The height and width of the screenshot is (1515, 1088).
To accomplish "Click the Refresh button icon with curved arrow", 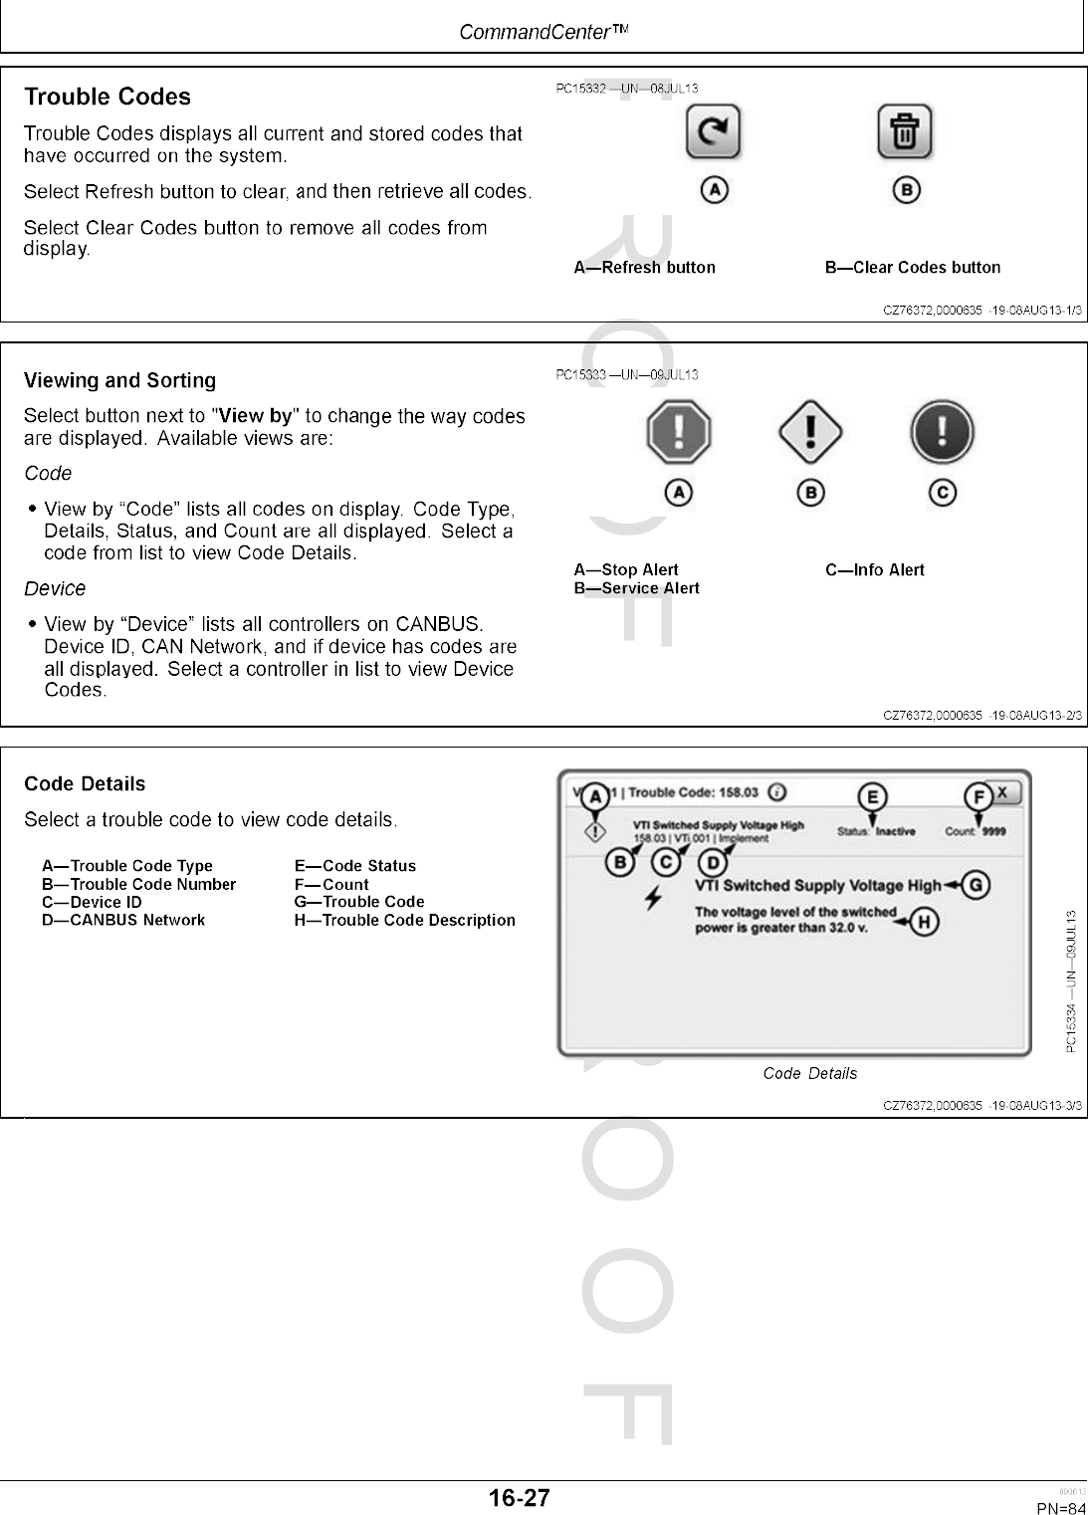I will coord(714,132).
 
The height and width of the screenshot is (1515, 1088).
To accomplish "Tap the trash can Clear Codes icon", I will coord(904,132).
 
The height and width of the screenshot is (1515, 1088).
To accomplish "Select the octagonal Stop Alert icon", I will coord(678,432).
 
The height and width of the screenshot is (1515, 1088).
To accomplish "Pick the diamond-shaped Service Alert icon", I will coord(810,432).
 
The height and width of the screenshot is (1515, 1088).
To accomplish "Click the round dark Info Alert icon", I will coord(941,432).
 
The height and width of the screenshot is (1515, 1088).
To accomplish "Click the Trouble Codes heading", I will coord(108,97).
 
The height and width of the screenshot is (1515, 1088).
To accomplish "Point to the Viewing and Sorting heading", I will coord(119,380).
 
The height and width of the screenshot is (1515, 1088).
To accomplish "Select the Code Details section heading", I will coord(85,784).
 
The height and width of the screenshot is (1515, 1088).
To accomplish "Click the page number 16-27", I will coord(519,1498).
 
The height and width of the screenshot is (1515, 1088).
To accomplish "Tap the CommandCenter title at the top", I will coord(544,33).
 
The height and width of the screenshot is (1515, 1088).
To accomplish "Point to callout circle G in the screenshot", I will coord(977,885).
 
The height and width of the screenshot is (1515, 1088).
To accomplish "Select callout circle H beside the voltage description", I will coord(924,922).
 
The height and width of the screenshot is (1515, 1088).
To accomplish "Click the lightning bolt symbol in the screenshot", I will coord(653,897).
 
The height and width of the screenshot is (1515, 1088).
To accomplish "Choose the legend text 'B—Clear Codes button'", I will coord(913,268).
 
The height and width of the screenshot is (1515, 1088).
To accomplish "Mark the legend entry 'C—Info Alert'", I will coord(875,570).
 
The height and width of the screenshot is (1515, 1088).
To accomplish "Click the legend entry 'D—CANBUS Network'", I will coord(123,920).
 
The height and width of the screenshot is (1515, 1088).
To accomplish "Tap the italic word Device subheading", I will coord(55,588).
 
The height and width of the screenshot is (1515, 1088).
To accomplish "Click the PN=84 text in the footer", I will coord(1061,1508).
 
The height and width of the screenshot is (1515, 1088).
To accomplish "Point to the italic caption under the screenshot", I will coord(809,1073).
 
